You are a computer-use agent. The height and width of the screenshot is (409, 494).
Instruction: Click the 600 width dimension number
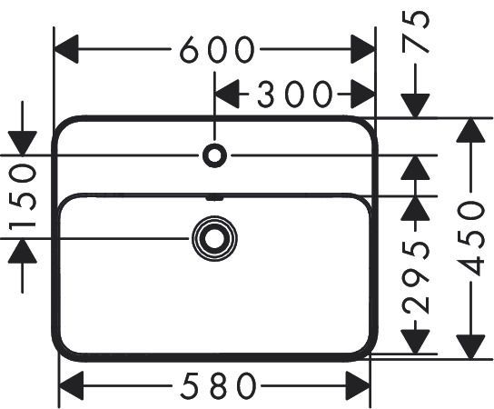(x=217, y=49)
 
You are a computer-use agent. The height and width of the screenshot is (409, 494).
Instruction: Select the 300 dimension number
(x=294, y=94)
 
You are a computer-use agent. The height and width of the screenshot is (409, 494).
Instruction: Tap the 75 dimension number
(x=416, y=31)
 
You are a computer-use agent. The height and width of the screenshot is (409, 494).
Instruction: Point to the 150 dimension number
(x=23, y=197)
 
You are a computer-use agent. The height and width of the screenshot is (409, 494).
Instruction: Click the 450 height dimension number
(x=470, y=239)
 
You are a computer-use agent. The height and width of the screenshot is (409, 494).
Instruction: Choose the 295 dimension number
(x=416, y=277)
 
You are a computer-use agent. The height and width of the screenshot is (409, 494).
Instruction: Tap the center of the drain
(x=214, y=239)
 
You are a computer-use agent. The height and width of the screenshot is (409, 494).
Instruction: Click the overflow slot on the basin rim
(x=214, y=198)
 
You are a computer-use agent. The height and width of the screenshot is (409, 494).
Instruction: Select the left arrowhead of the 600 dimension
(x=66, y=49)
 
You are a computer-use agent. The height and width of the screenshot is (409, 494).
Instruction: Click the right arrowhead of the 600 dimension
(x=363, y=49)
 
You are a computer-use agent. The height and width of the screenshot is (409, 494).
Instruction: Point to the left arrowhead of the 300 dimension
(x=226, y=94)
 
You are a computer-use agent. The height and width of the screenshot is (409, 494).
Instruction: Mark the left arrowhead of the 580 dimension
(x=71, y=385)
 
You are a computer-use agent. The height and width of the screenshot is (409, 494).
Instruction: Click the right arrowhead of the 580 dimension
(x=358, y=385)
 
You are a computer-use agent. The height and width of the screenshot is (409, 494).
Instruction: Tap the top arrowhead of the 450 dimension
(x=470, y=130)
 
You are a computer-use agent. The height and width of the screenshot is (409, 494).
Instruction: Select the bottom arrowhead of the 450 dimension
(x=470, y=347)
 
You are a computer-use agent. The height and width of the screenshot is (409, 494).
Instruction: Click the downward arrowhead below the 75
(x=416, y=106)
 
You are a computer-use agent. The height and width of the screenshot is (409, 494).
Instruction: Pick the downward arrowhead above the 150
(x=23, y=144)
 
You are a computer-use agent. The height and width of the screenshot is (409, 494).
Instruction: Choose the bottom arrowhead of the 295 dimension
(x=416, y=342)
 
